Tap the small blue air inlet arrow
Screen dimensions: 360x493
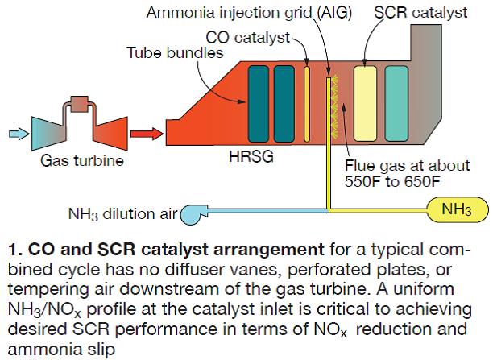coord(15,132)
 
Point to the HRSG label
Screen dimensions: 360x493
coord(251,157)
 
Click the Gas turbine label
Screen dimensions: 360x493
coord(82,161)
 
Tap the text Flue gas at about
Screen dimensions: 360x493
coord(396,167)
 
